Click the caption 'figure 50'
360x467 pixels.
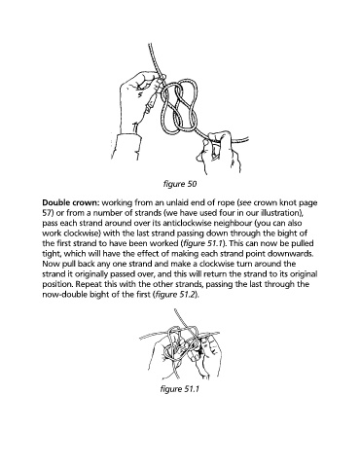[x=180, y=184]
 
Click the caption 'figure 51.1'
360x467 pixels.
[x=179, y=389]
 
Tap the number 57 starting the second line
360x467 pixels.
[x=47, y=213]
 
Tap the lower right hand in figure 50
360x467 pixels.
[x=221, y=151]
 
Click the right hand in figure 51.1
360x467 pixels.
[x=206, y=355]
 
